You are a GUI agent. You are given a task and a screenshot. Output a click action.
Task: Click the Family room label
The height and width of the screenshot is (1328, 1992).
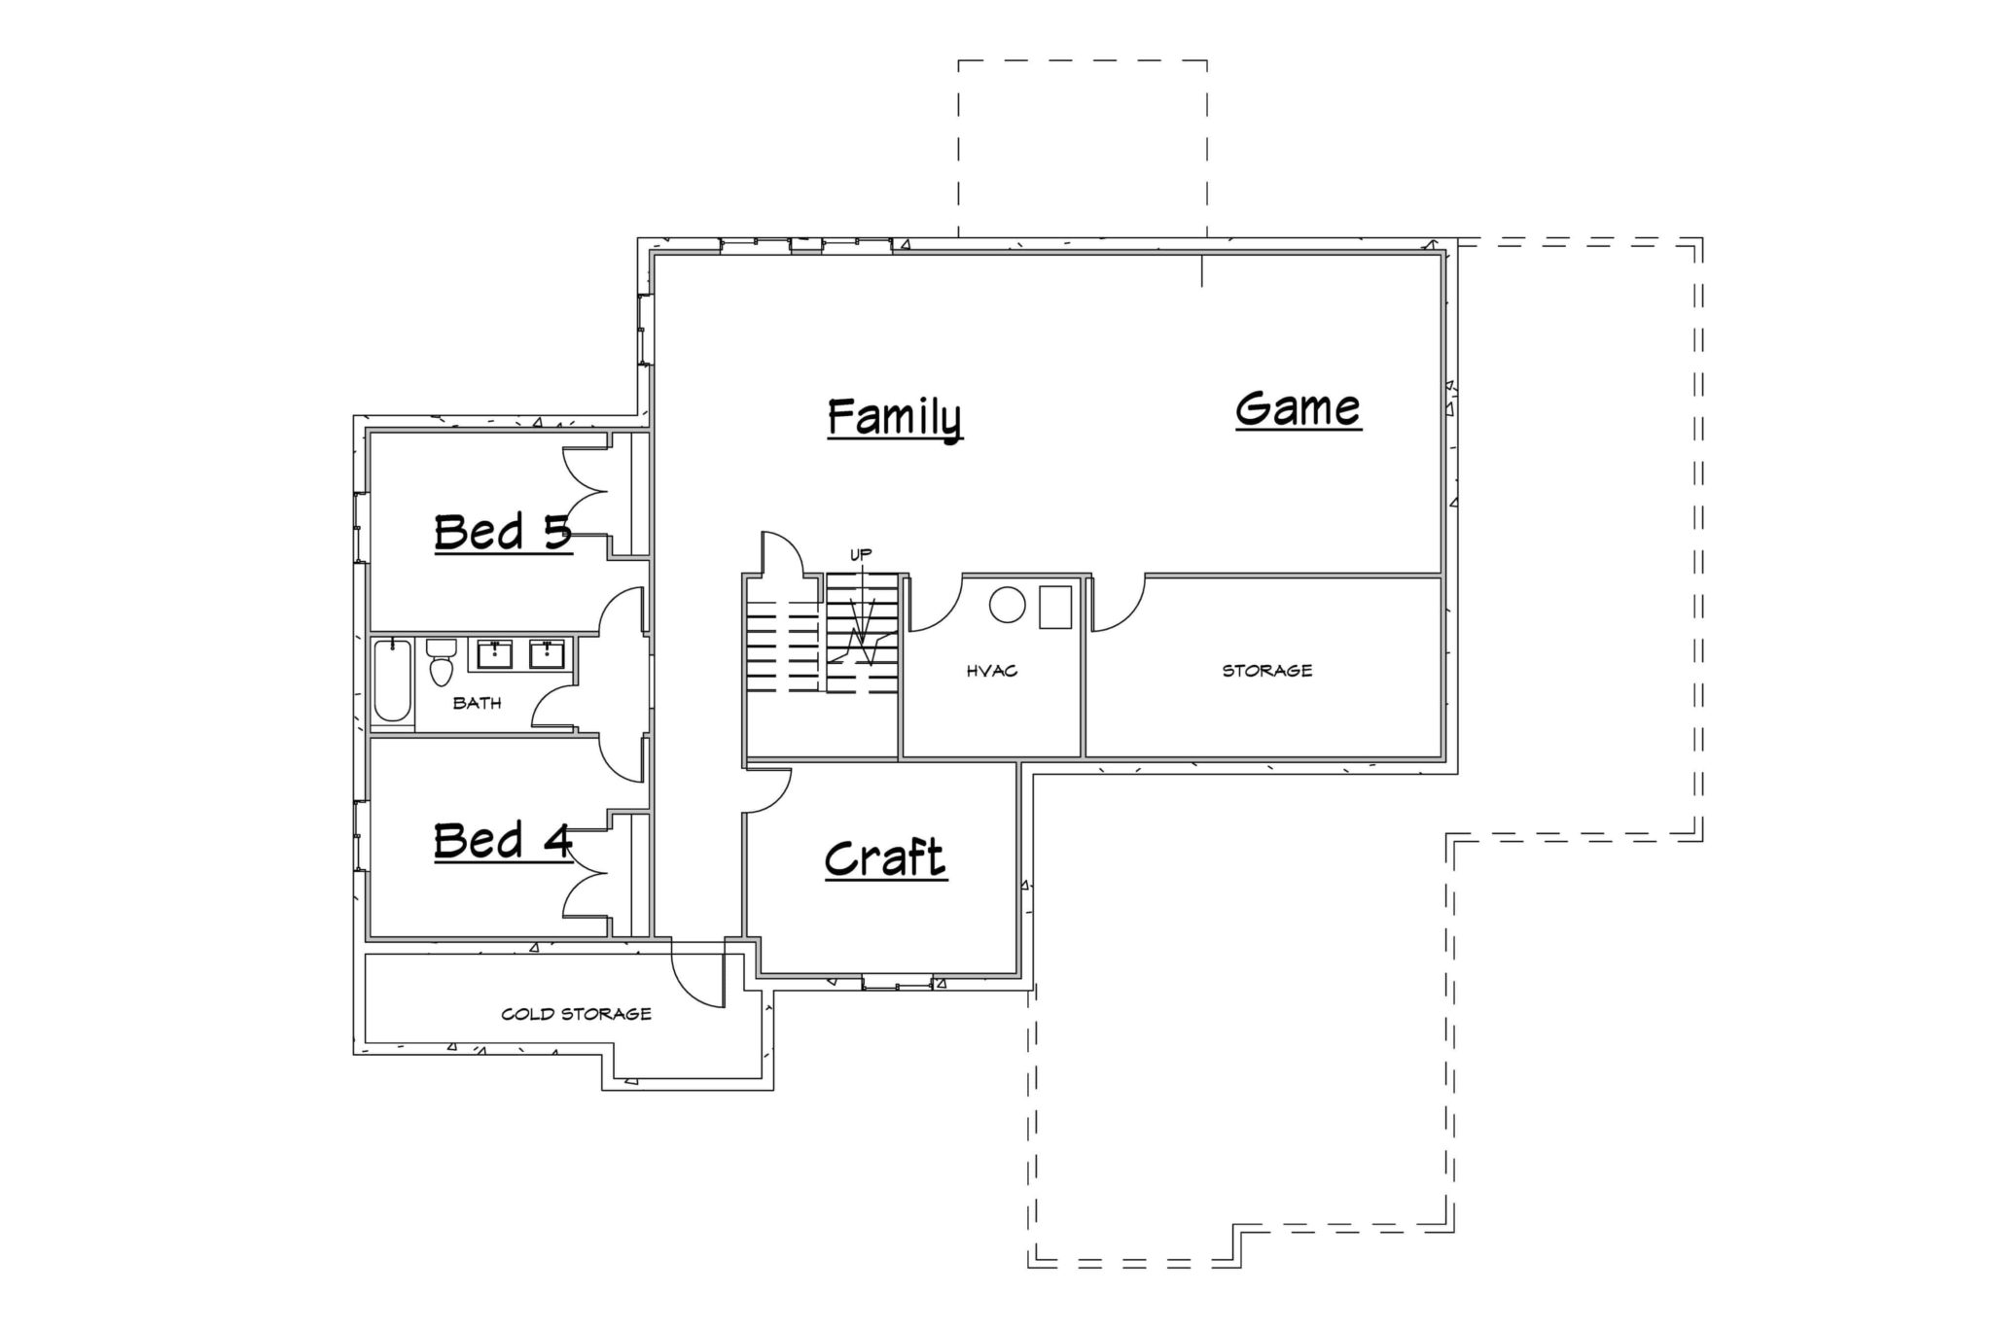pyautogui.click(x=895, y=418)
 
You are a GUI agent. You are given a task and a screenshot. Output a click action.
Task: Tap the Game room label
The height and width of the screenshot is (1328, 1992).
pyautogui.click(x=1298, y=408)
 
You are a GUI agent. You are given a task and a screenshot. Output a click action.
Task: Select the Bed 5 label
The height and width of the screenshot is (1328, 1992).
pyautogui.click(x=503, y=532)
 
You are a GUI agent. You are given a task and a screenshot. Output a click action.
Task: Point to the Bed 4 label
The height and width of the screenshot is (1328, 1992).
pyautogui.click(x=503, y=840)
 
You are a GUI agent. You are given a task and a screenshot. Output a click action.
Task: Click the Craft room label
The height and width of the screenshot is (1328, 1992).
pyautogui.click(x=885, y=857)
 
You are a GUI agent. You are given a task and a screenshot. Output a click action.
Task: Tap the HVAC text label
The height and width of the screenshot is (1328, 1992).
pyautogui.click(x=992, y=671)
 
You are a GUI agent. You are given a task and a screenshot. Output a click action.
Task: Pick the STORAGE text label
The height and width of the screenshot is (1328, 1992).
pyautogui.click(x=1267, y=670)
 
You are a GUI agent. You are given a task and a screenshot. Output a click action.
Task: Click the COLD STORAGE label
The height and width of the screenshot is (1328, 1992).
pyautogui.click(x=576, y=1014)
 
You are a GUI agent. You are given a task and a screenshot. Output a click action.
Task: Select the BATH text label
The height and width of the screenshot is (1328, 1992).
pyautogui.click(x=477, y=703)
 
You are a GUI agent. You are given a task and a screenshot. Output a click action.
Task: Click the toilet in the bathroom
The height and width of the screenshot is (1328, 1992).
pyautogui.click(x=441, y=661)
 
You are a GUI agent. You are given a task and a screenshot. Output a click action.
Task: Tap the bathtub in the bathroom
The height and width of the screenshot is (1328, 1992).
pyautogui.click(x=392, y=681)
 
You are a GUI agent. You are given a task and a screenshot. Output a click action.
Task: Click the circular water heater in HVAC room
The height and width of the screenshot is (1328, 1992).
pyautogui.click(x=1008, y=605)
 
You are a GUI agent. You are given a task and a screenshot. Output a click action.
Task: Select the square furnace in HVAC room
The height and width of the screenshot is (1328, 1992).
pyautogui.click(x=1054, y=607)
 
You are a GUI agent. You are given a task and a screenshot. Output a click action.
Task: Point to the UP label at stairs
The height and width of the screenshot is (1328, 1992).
pyautogui.click(x=861, y=554)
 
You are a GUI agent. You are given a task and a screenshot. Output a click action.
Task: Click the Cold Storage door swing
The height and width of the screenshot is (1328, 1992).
pyautogui.click(x=698, y=973)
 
